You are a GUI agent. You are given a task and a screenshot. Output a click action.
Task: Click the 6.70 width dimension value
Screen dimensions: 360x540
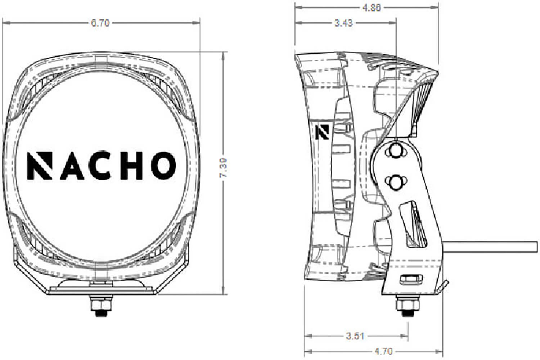pyautogui.click(x=100, y=23)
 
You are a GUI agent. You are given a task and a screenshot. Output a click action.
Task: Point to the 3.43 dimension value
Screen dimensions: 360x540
pyautogui.click(x=343, y=23)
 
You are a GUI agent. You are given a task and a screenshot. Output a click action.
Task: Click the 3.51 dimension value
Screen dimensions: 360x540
pyautogui.click(x=355, y=336)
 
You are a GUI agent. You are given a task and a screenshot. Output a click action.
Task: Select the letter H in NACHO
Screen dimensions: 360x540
pyautogui.click(x=132, y=166)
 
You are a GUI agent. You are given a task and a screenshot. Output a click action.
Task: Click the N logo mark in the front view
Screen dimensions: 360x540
pyautogui.click(x=40, y=166)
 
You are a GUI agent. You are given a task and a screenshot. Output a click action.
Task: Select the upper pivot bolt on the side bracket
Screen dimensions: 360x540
pyautogui.click(x=396, y=151)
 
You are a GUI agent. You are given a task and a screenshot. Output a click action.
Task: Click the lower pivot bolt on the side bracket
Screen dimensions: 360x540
pyautogui.click(x=396, y=182)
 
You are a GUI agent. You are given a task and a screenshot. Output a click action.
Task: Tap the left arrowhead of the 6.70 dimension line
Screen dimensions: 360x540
pyautogui.click(x=5, y=23)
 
